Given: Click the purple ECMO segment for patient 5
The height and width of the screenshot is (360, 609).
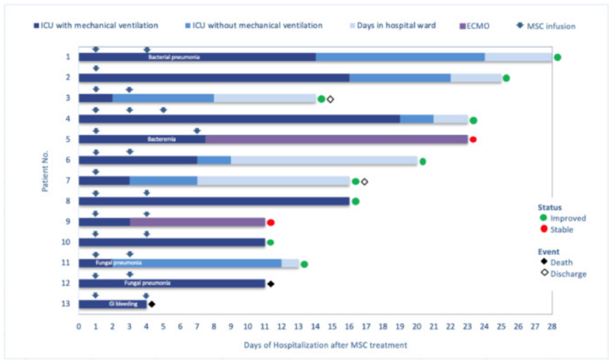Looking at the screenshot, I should (x=336, y=139).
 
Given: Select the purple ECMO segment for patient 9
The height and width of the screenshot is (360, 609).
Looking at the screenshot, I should (x=197, y=222).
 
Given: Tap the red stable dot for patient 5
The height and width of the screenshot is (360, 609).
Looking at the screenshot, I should (x=473, y=139).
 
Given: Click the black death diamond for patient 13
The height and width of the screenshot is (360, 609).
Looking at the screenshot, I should (x=151, y=304).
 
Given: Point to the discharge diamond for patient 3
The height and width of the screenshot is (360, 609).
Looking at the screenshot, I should (x=331, y=99).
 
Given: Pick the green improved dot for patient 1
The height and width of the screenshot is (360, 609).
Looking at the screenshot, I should (x=557, y=57).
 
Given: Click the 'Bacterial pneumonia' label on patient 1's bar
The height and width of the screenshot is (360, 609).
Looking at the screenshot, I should (x=174, y=57).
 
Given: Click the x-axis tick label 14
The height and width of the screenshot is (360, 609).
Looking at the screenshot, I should (x=315, y=327).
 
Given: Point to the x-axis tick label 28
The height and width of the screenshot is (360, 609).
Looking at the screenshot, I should (x=552, y=327).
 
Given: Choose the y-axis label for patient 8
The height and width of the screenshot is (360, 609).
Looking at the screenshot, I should (x=67, y=201).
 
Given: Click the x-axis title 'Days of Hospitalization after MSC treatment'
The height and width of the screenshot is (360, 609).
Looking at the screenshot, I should (x=325, y=345).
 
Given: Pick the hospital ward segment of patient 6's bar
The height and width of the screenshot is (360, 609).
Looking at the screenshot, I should (x=324, y=160).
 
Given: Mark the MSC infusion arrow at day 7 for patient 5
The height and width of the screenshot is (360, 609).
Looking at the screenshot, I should (x=197, y=131).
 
